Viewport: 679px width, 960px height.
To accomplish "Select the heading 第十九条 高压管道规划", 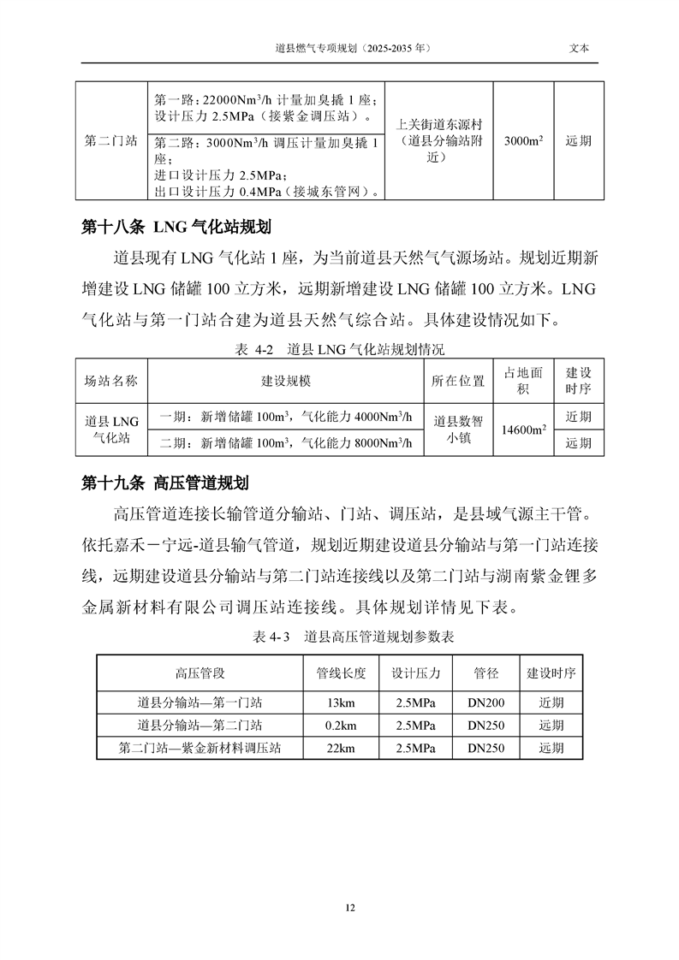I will coord(164,483).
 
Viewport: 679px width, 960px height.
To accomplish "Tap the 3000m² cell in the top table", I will coord(524,141).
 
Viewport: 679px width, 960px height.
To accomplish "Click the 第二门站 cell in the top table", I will coord(110,141).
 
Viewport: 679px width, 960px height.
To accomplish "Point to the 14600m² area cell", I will coord(524,430).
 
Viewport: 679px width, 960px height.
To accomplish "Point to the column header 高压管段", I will coord(200,673).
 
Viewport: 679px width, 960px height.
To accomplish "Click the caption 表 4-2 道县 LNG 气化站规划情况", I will coord(339,349).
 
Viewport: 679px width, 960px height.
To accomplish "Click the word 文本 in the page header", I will coord(580,49).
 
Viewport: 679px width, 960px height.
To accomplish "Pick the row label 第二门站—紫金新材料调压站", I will coord(200,747).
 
